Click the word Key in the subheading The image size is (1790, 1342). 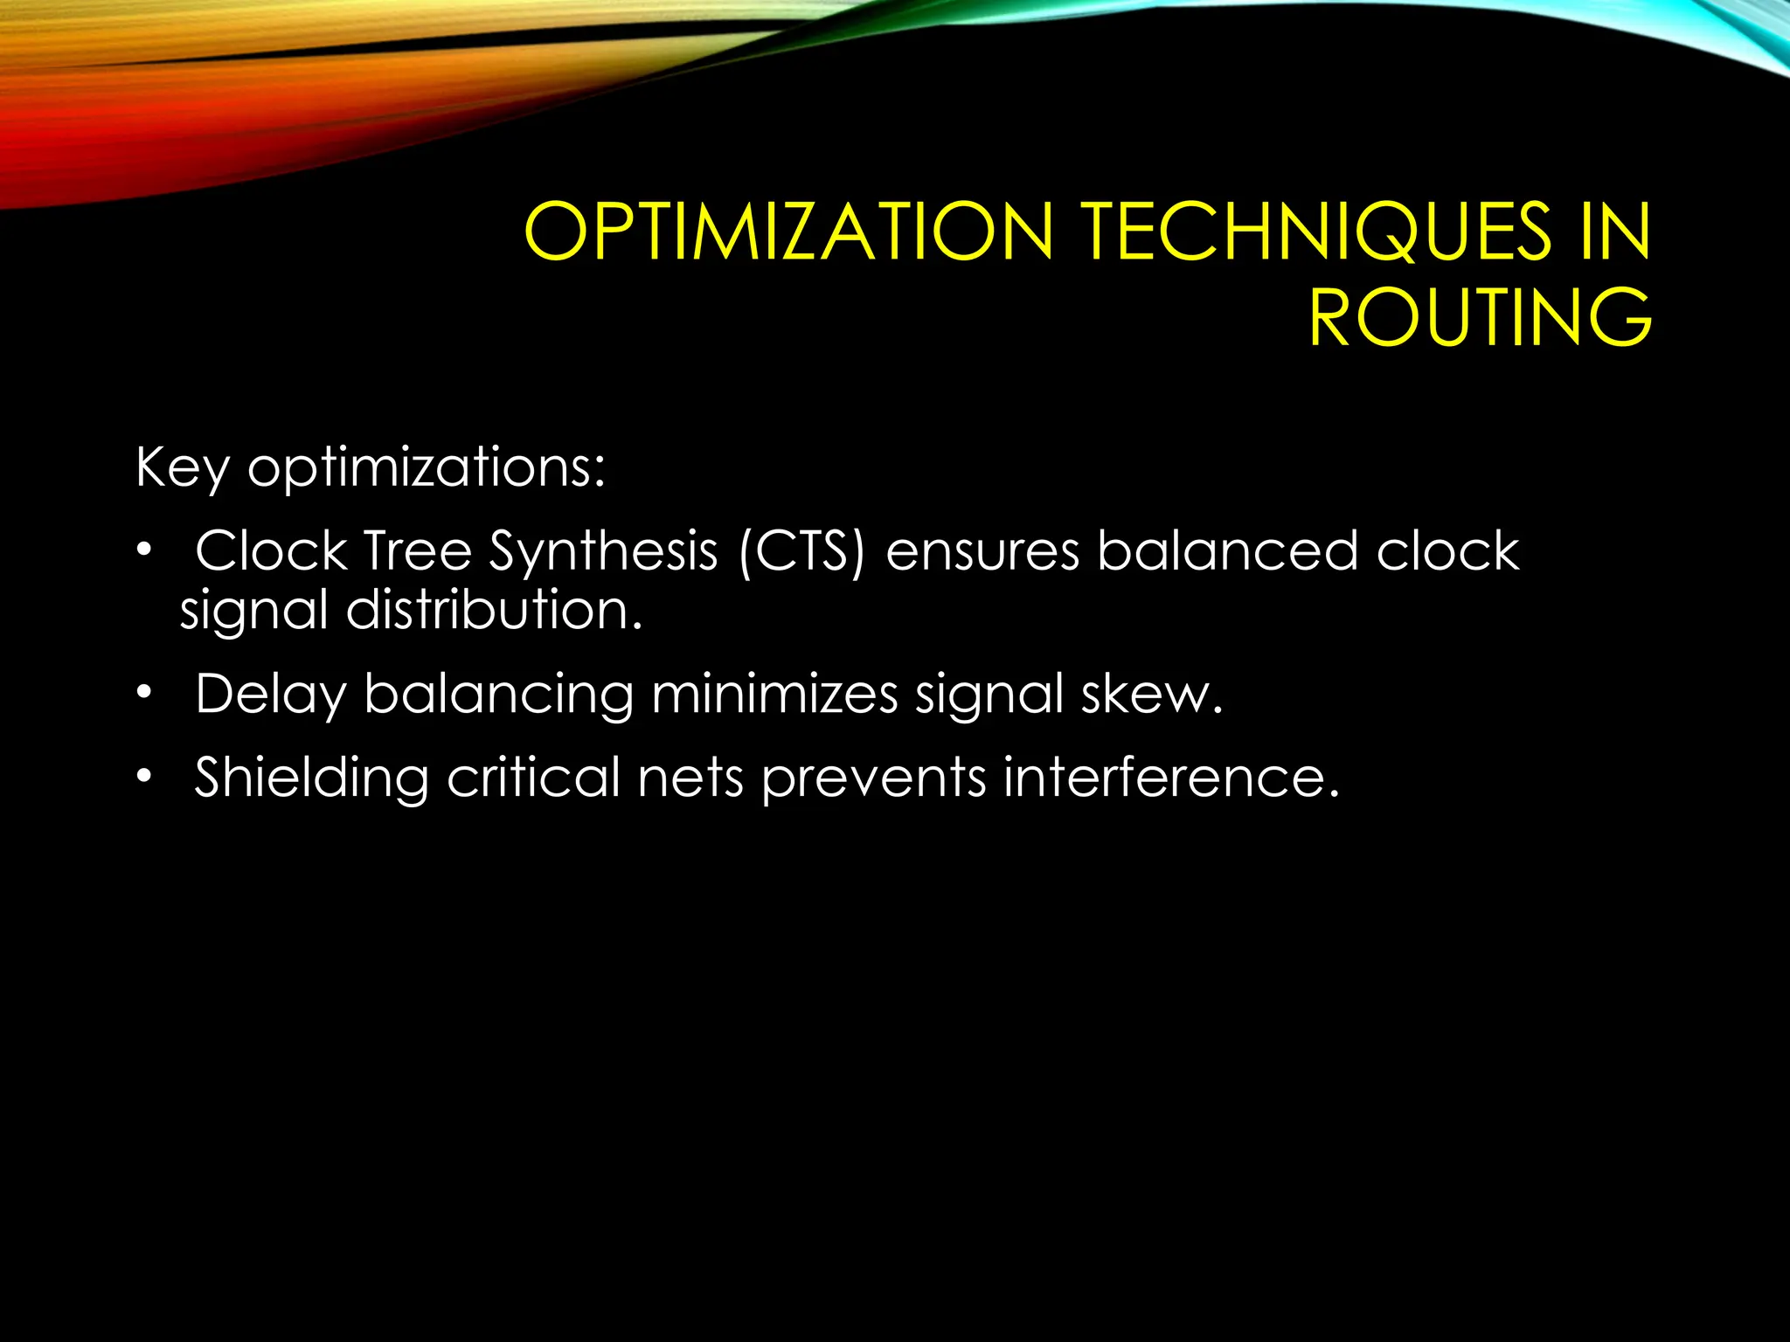tap(182, 467)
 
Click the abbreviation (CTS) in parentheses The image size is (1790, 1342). tap(801, 551)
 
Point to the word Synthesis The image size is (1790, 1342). tap(603, 553)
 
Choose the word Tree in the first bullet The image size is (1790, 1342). tap(417, 551)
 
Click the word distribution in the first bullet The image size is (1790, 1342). tap(493, 609)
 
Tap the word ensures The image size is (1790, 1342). tap(982, 553)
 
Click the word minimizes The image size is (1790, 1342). tap(774, 695)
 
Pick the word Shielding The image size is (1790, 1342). tap(311, 778)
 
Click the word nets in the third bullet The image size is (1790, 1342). tap(690, 777)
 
